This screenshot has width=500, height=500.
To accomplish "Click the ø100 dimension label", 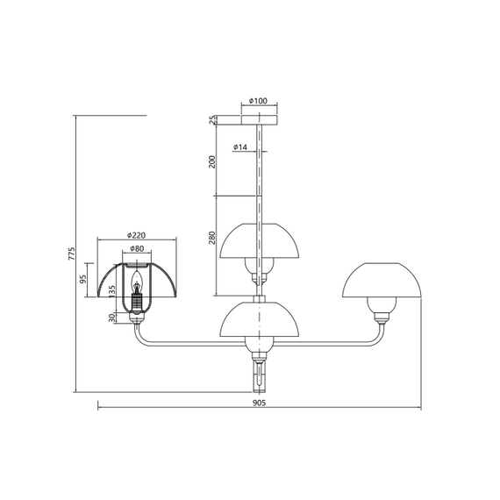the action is click(x=258, y=101).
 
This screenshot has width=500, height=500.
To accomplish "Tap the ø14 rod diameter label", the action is click(x=240, y=147).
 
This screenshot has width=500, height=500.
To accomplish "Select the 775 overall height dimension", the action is click(x=72, y=254).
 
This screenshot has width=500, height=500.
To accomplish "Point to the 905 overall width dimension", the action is click(x=260, y=403).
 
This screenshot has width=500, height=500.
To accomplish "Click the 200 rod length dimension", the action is click(x=212, y=161).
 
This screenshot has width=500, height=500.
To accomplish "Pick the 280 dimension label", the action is click(x=212, y=238).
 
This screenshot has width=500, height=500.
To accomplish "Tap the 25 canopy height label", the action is click(x=212, y=120).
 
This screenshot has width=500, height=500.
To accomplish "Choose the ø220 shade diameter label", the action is click(x=136, y=235).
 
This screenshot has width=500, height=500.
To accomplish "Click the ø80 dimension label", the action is click(x=137, y=249).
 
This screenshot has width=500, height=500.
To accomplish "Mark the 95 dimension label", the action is click(x=83, y=279).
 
